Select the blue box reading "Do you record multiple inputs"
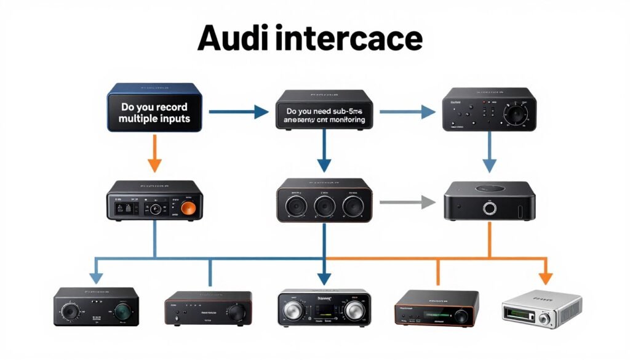pos(155,108)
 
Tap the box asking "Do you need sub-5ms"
pos(325,112)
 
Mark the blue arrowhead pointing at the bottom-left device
pos(96,278)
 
